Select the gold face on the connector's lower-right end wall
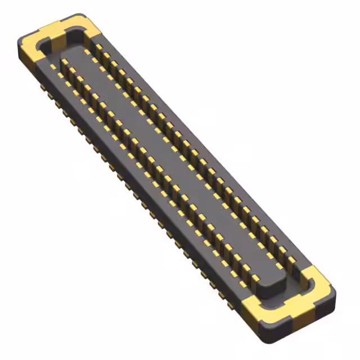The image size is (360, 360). [264, 315]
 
